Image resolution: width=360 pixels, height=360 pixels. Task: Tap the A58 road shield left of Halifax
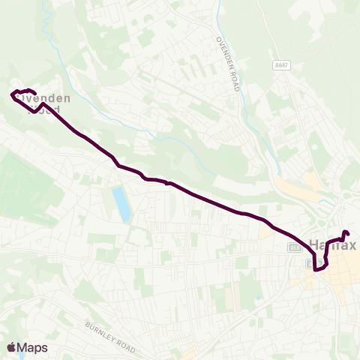coord(295,247)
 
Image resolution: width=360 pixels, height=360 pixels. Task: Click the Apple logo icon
coord(11,347)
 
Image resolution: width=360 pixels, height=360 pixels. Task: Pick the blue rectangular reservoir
coord(121,204)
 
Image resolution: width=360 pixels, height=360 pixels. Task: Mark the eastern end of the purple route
coord(346,232)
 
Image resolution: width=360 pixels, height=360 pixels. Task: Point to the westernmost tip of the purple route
coord(12,94)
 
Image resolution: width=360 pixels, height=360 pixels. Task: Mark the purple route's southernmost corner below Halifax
coord(317,269)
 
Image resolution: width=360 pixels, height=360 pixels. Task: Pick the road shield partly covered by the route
coord(310,262)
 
